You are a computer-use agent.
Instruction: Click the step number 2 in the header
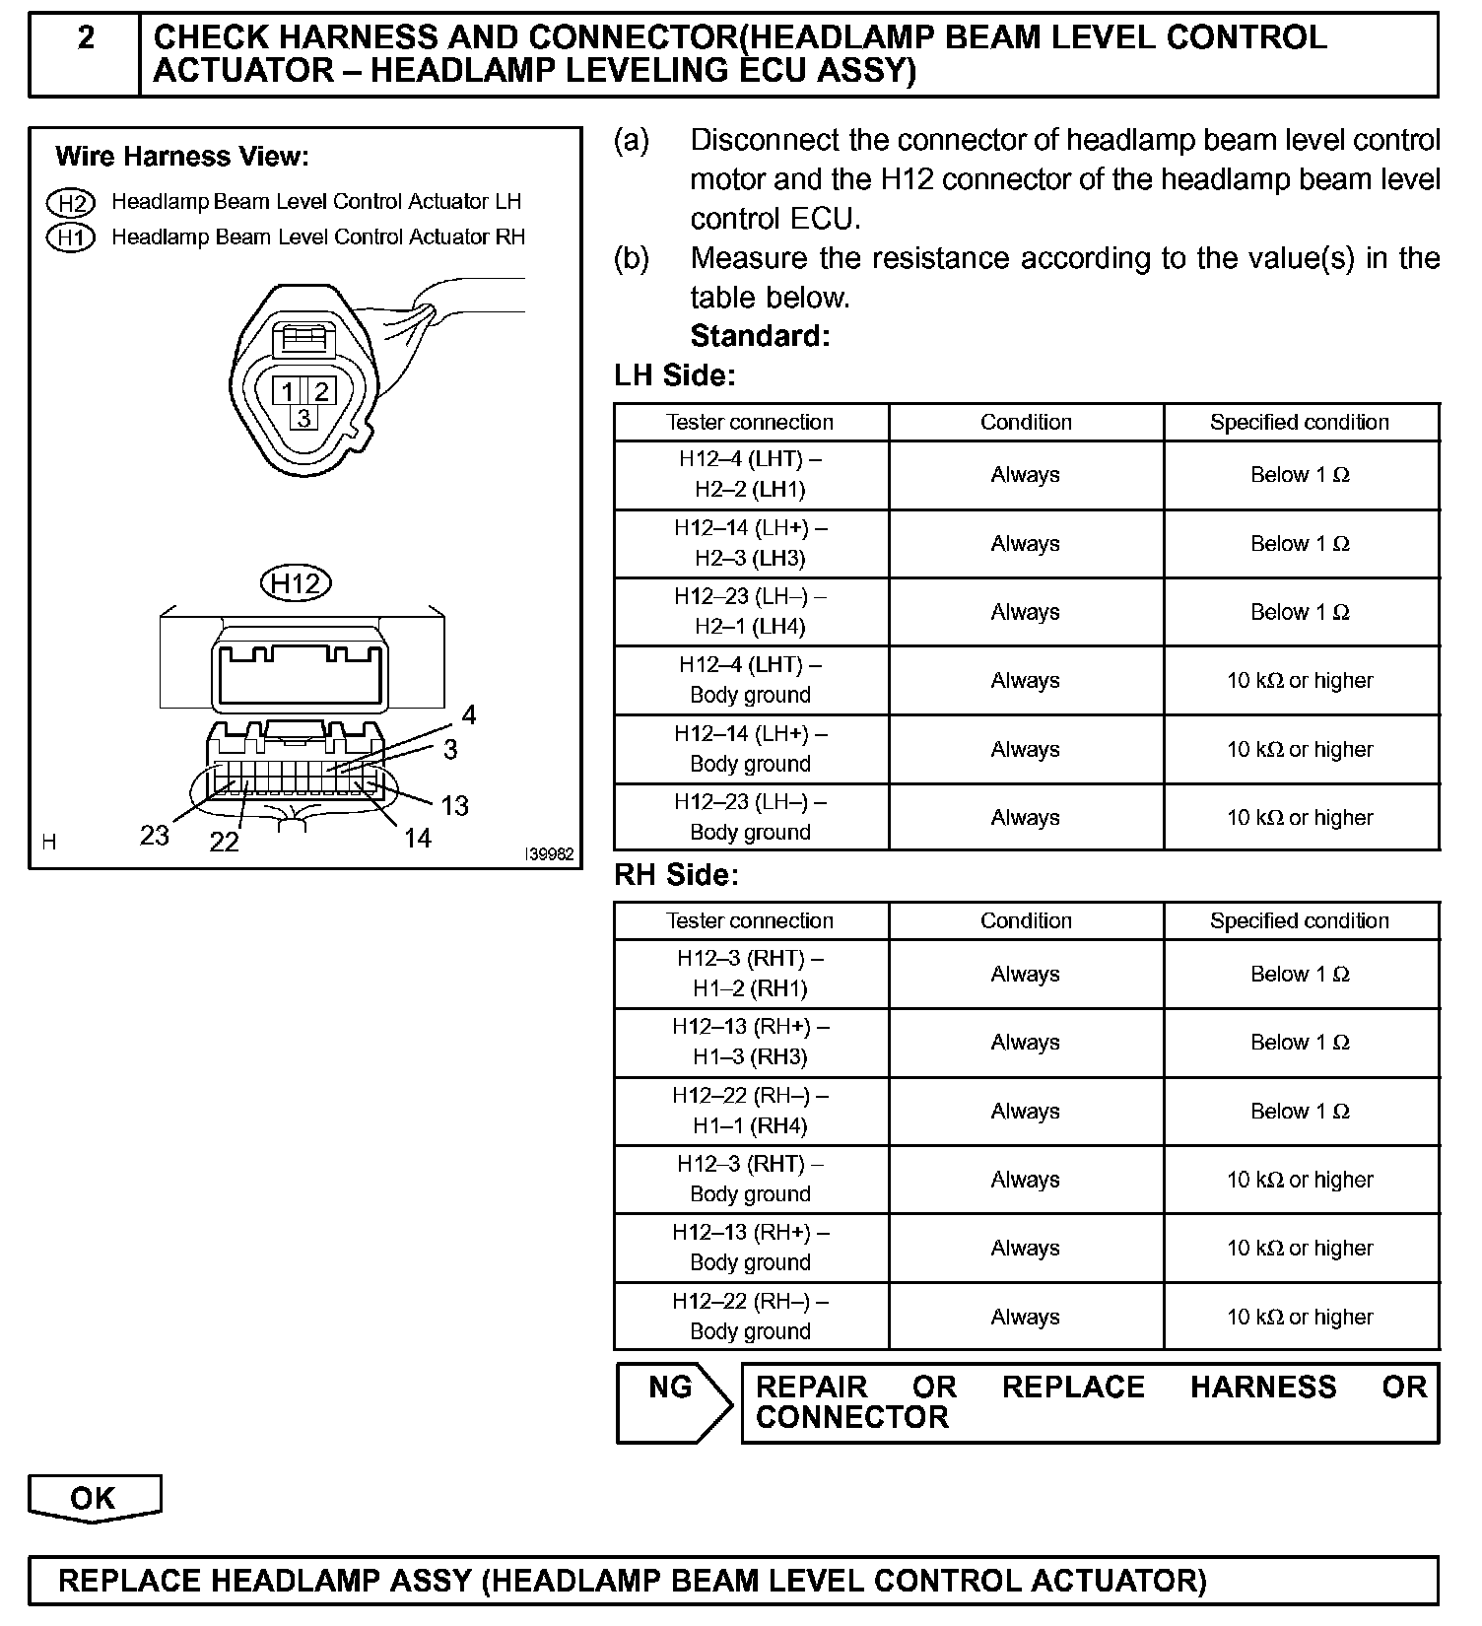[86, 38]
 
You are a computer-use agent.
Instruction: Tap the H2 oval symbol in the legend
[70, 203]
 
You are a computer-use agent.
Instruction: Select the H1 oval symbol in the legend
[70, 237]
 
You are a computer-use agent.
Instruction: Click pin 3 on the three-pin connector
[303, 418]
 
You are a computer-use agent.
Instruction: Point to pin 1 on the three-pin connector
[287, 391]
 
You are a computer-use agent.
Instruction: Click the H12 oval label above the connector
[296, 583]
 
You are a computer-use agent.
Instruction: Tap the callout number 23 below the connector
[155, 836]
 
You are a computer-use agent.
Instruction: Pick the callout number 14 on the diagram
[418, 839]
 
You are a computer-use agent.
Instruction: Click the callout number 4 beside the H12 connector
[469, 715]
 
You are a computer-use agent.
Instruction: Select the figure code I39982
[549, 855]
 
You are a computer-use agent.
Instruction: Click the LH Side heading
[675, 375]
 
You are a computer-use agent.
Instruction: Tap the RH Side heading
[676, 875]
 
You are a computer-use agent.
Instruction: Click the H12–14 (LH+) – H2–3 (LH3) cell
[751, 543]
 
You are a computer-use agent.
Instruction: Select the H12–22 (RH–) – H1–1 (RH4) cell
[751, 1111]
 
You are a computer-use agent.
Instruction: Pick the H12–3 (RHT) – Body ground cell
[751, 1179]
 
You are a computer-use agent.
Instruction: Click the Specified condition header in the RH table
[1300, 920]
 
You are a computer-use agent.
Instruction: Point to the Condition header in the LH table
[1026, 422]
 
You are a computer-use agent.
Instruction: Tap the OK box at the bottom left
[94, 1498]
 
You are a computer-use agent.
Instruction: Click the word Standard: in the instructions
[760, 336]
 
